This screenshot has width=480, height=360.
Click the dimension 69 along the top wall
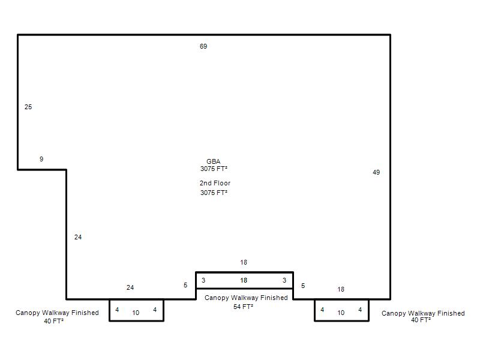coord(203,46)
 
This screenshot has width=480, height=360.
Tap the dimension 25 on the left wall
coord(28,107)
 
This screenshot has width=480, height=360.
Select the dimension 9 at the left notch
coord(41,159)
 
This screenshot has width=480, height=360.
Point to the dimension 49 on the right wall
coord(376,172)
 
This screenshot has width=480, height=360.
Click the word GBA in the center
coord(214,161)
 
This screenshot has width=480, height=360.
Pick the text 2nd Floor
coord(215,183)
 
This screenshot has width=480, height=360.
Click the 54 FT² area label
coord(244,307)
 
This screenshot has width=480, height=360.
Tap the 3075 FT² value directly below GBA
coord(214,169)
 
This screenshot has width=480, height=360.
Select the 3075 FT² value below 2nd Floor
coord(214,193)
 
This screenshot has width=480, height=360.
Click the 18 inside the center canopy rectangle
coord(244,280)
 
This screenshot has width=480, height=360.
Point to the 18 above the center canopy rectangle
coord(244,262)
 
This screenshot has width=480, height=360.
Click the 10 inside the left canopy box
coord(136,313)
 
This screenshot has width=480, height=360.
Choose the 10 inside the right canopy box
coord(341,313)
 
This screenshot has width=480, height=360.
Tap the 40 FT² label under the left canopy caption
coord(53,321)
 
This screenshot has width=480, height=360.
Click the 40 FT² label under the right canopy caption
coord(421,320)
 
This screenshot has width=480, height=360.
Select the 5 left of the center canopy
coord(185,285)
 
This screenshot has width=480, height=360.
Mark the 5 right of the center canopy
coord(303,286)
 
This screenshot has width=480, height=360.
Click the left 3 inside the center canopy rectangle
coord(203,280)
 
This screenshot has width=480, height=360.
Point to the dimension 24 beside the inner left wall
coord(78,237)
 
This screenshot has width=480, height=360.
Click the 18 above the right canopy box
coord(341,289)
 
